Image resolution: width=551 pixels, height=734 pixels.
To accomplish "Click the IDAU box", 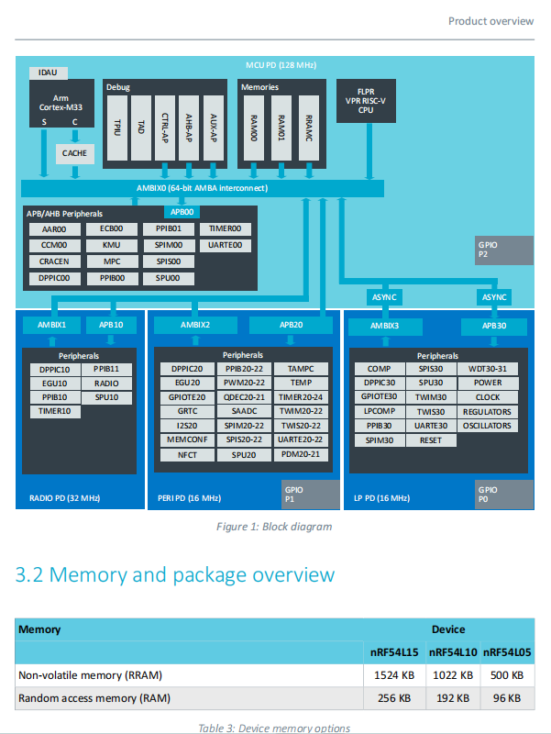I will coord(48,72).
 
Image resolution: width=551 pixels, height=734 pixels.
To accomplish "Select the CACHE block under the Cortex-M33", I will coord(74,153).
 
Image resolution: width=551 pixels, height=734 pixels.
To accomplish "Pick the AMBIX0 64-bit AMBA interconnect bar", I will coord(202,188).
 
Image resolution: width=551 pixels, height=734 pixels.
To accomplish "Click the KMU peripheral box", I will coord(111,246).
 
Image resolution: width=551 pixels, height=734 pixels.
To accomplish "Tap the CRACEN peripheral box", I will coord(54,261).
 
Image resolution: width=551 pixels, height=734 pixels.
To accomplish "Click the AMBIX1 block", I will coord(52,325).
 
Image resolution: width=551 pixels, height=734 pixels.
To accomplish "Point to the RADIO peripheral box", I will coord(106,384).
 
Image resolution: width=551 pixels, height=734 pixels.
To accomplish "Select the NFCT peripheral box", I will coord(187,454).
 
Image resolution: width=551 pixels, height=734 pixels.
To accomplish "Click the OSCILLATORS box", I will coord(488,426).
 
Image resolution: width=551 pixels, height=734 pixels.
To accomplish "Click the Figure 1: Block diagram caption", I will coord(274,527).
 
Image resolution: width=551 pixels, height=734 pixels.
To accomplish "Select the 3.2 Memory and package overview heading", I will coord(175,575).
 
